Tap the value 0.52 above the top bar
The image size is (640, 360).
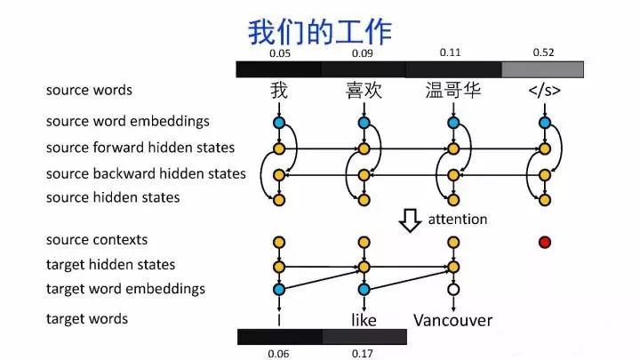coord(543,52)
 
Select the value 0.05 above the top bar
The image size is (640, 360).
coord(279,53)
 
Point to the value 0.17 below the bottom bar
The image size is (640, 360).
coord(363,353)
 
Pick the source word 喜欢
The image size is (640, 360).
coord(364,90)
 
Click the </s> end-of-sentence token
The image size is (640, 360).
coord(544,90)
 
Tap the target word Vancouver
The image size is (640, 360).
coord(453,319)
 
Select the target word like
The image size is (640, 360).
coord(363,319)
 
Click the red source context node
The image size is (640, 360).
coord(544,242)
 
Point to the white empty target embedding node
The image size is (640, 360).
coord(453,289)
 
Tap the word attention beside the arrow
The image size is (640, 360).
coord(458,219)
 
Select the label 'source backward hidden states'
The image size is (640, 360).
coord(146,173)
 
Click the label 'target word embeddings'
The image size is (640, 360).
coord(125,288)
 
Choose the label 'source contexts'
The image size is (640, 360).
coord(97,239)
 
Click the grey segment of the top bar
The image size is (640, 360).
coord(542,69)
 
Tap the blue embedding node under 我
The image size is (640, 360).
coord(279,122)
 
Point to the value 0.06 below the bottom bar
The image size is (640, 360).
coord(279,353)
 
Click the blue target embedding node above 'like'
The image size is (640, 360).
coord(363,289)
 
